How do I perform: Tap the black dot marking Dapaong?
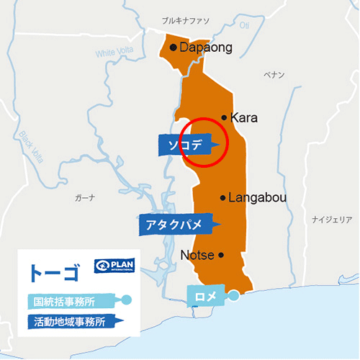(x=174, y=48)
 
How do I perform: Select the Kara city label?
(x=245, y=117)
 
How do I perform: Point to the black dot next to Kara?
(x=225, y=117)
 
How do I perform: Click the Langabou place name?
(x=256, y=197)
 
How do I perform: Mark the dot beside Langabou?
(x=223, y=197)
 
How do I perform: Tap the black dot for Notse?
(x=221, y=254)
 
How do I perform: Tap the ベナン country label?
(x=274, y=74)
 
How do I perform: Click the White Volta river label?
(x=115, y=53)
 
